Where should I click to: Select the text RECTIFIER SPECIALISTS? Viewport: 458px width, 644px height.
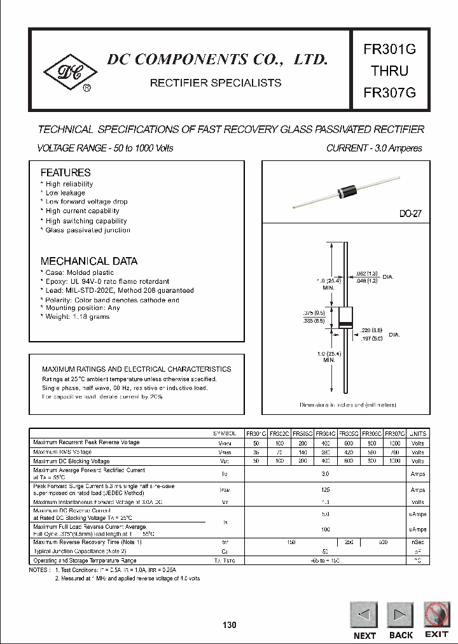click(215, 83)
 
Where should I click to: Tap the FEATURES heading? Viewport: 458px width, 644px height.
click(66, 172)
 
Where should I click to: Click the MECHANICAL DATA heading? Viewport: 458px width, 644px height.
click(88, 261)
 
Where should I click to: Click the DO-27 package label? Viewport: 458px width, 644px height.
click(410, 214)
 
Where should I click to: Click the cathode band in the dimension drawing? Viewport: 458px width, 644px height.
click(345, 326)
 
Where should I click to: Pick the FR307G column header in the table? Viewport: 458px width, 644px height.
click(395, 433)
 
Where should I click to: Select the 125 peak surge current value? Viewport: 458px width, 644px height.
click(325, 490)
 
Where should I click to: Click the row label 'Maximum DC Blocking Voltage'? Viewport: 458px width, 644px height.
click(71, 461)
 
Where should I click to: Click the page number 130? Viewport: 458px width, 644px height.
click(230, 625)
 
